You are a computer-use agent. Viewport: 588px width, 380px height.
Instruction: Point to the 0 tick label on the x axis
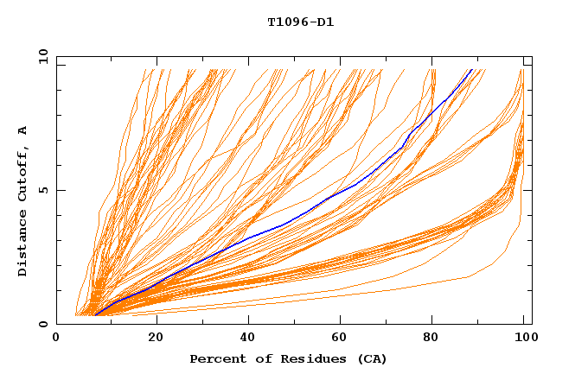tap(56, 339)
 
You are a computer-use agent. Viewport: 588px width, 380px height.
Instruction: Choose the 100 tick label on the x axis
tap(524, 339)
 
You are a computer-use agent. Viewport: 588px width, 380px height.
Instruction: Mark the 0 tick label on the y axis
tap(42, 325)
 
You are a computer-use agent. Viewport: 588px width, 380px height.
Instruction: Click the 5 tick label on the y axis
tap(42, 191)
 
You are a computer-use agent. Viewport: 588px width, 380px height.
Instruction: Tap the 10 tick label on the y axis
tap(42, 57)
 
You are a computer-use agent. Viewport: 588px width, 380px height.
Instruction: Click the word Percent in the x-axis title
tap(216, 359)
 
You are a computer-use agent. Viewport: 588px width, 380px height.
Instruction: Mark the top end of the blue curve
tap(472, 69)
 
